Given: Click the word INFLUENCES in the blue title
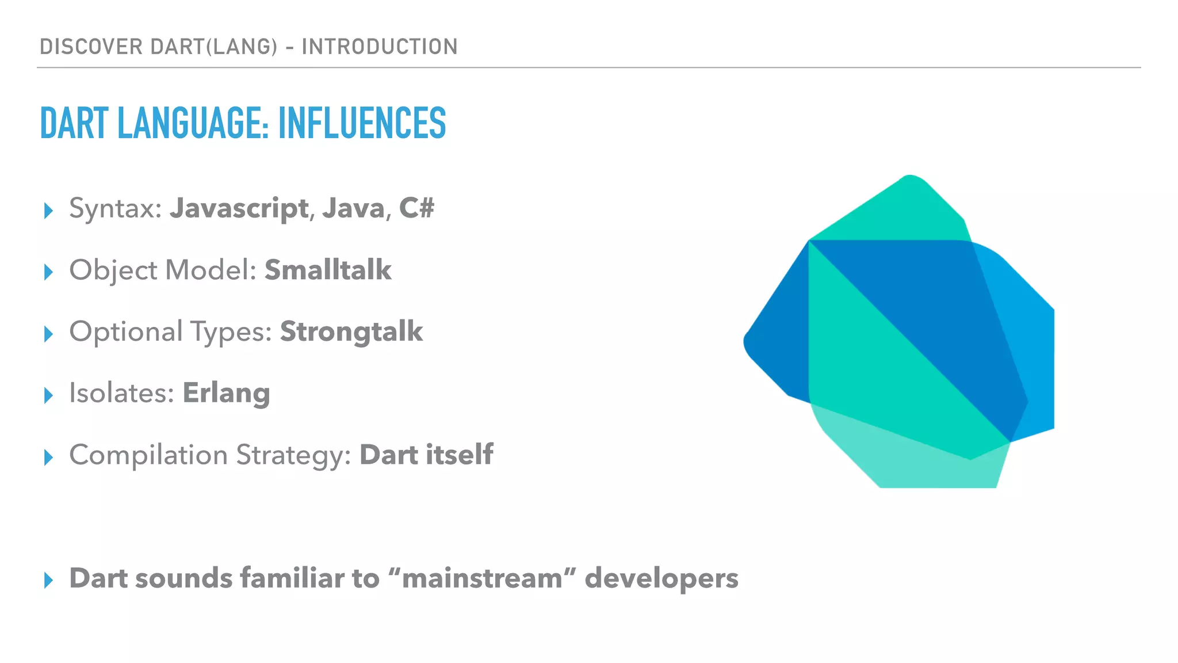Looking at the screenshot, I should point(362,123).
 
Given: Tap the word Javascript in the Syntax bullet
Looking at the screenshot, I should point(239,208).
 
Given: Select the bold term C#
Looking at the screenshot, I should point(416,208).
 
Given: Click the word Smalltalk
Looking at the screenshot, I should point(328,270).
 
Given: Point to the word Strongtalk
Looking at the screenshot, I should point(351,331).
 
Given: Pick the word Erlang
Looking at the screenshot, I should point(226,394).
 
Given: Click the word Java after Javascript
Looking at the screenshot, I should point(353,208).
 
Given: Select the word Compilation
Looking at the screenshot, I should point(148,455).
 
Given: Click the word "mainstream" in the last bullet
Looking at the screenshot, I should point(482,578).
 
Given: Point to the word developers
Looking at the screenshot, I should point(661,578).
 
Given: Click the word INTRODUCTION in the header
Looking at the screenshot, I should point(380,47).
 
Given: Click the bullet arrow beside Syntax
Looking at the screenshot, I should point(48,211).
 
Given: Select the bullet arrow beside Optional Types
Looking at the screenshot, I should point(48,334).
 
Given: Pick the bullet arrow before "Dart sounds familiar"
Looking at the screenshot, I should point(48,581).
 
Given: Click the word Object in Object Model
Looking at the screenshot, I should point(113,270).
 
